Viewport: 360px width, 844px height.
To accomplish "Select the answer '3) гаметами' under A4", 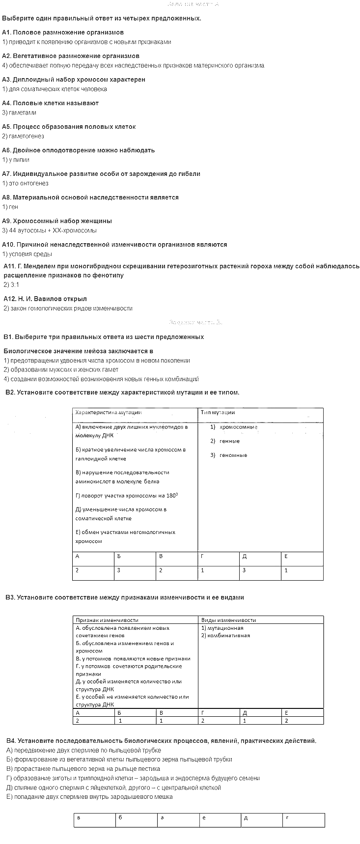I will click(19, 113).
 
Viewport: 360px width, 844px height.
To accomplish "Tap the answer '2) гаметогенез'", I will click(23, 136).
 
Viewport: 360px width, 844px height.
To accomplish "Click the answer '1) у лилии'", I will click(16, 160).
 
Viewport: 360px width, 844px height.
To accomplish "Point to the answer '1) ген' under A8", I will click(10, 207).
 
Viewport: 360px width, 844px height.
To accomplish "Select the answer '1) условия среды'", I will click(27, 254).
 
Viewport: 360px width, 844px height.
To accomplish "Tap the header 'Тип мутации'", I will click(218, 413).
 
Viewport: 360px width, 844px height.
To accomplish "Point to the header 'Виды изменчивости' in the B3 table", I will click(228, 620).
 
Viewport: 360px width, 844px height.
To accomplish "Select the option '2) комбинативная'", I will click(225, 635).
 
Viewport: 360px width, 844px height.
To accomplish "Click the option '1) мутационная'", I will click(222, 628).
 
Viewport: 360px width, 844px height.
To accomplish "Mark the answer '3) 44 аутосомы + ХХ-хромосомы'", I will click(50, 230).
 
